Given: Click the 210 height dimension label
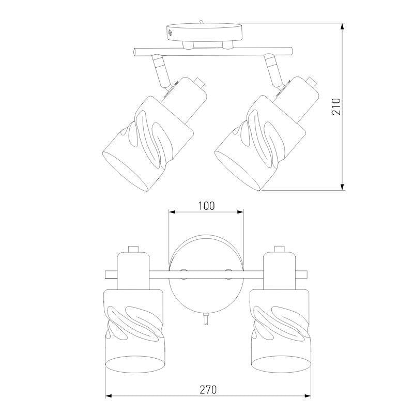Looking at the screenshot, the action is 336,106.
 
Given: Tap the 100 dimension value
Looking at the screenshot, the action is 206,206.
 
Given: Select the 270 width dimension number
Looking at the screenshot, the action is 208,390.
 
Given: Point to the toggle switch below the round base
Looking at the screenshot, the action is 206,318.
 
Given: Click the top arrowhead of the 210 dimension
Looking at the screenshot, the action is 343,26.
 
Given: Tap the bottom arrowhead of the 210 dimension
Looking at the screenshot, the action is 343,187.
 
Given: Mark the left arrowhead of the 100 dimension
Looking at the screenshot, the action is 172,212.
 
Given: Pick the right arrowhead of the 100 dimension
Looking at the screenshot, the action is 240,212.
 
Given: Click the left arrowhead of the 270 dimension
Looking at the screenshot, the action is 109,396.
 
